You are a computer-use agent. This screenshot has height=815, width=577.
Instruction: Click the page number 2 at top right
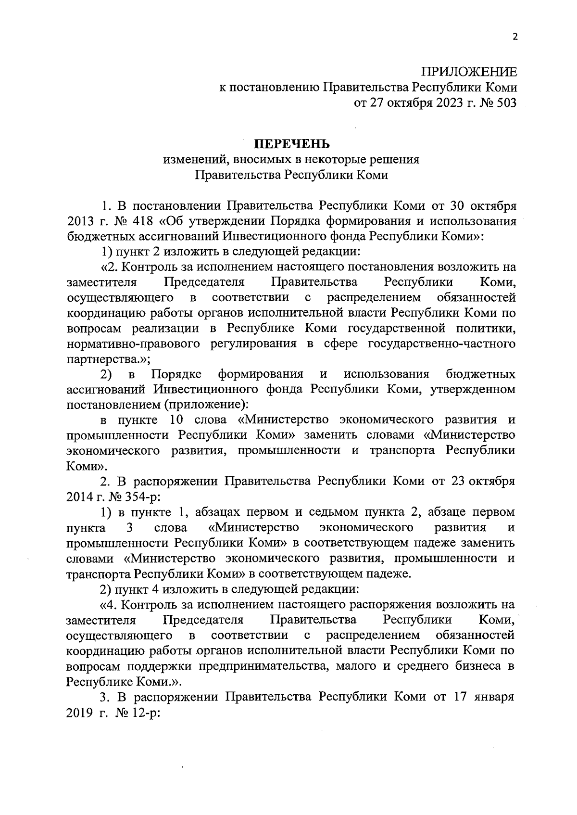[x=515, y=38]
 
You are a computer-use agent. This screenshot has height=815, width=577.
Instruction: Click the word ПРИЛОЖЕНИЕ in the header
[x=469, y=72]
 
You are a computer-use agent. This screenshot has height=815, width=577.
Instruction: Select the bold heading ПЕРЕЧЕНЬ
[x=291, y=144]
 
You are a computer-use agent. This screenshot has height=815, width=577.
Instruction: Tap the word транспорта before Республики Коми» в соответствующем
[x=99, y=573]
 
